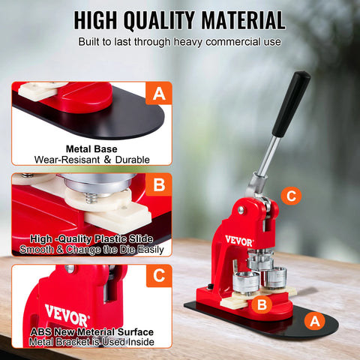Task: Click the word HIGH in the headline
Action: click(102, 19)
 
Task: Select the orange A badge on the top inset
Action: click(158, 94)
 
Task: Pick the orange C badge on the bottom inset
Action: click(158, 276)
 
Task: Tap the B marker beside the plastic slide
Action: click(260, 304)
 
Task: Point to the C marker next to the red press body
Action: click(292, 197)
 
